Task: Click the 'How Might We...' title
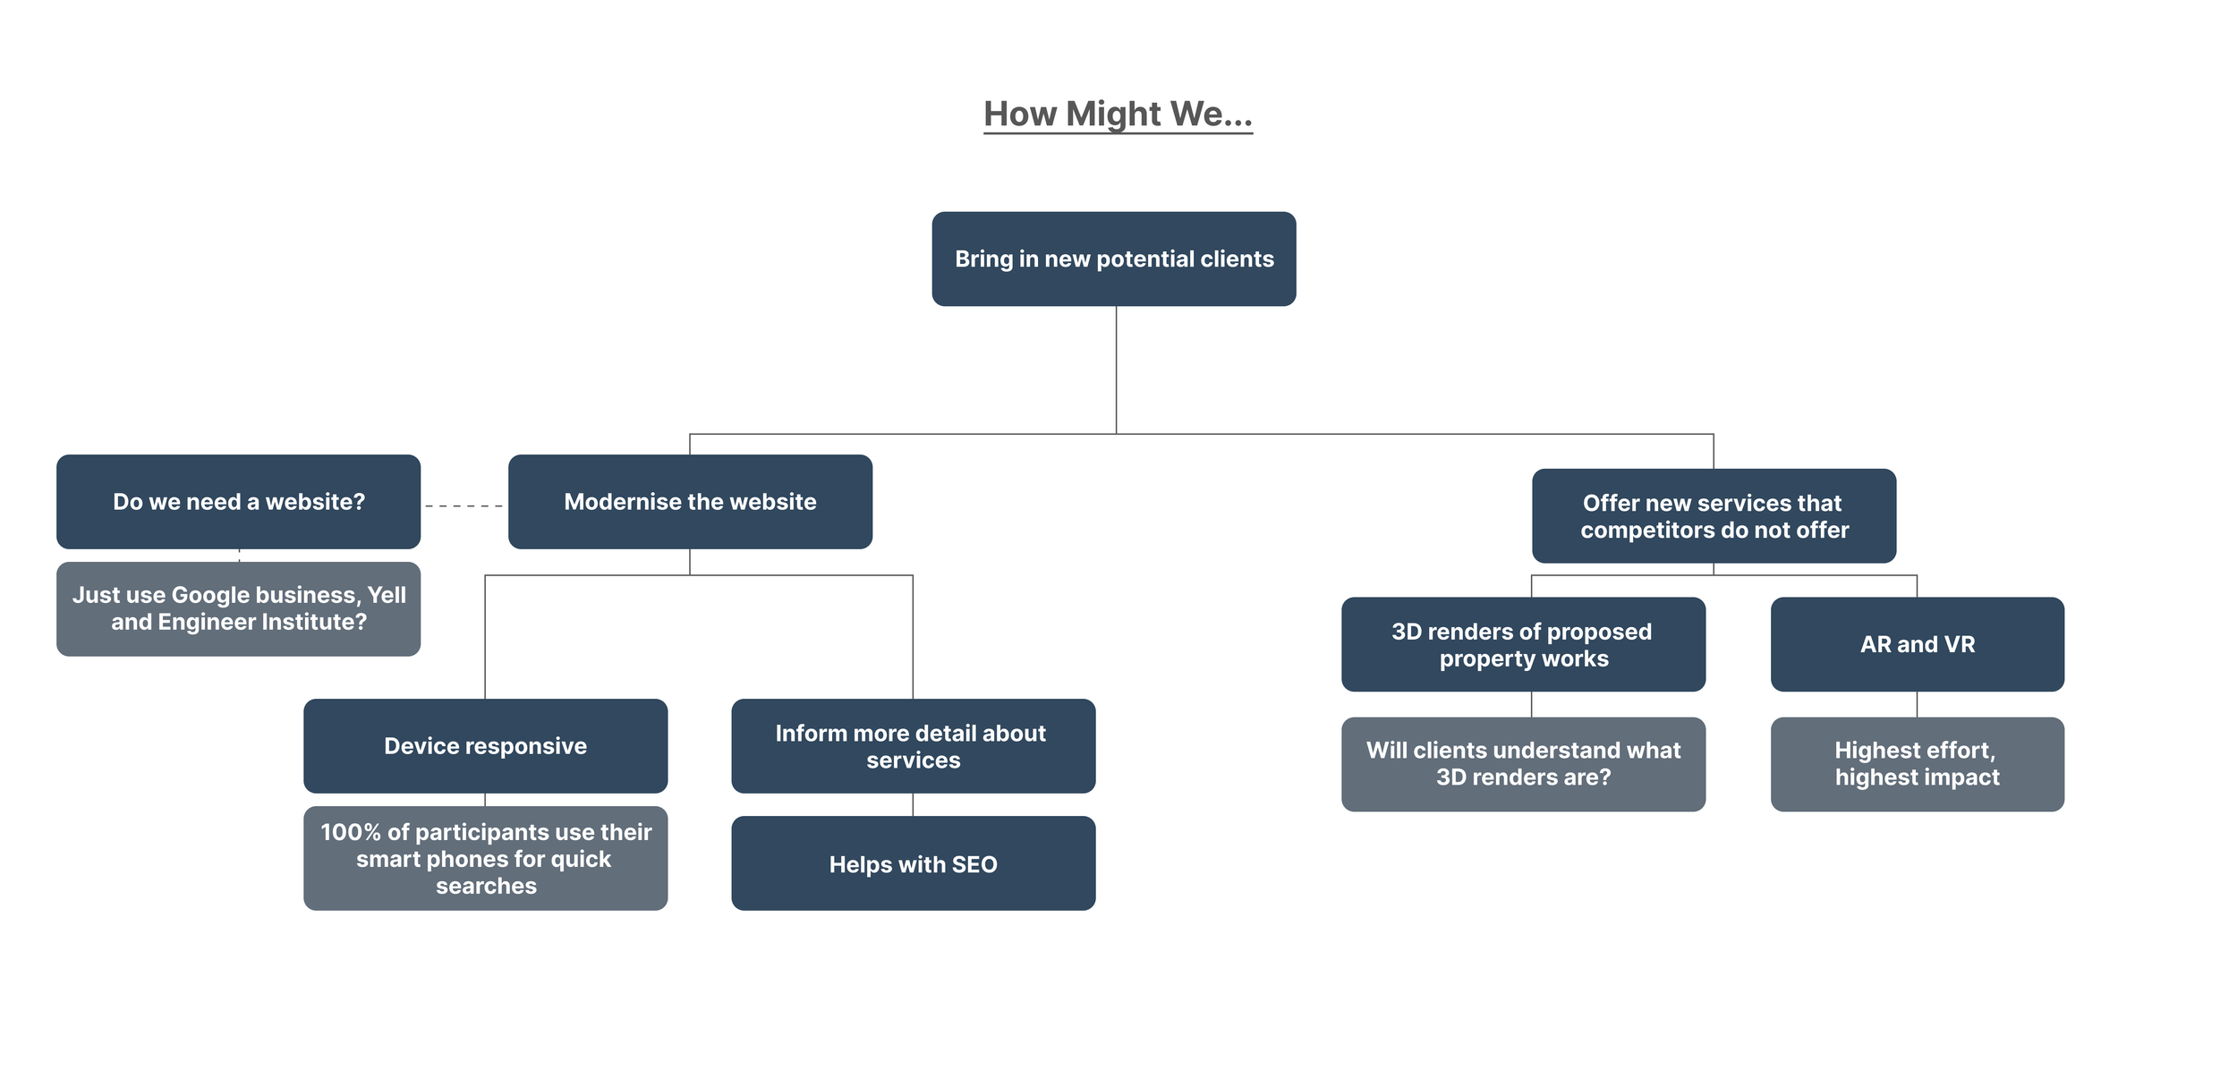1118,115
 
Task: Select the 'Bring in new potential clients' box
1114,259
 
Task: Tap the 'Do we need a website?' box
238,502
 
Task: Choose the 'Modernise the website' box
690,502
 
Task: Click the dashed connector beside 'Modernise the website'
464,506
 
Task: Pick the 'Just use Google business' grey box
238,609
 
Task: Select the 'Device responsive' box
485,746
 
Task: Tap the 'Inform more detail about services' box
913,746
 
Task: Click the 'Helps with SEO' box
913,863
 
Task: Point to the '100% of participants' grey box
485,859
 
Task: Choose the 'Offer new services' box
1714,516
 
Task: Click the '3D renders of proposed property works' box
1523,644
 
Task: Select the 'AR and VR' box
1917,644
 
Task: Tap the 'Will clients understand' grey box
1523,764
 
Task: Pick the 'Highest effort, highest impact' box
1917,764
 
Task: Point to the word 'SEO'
974,865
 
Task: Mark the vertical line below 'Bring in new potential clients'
1116,370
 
